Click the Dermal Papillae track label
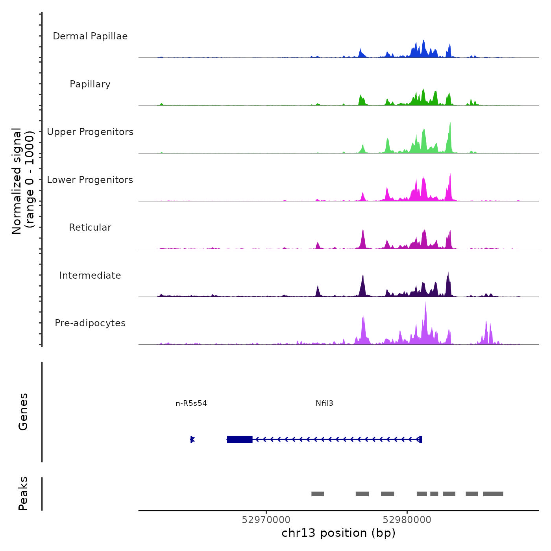point(90,36)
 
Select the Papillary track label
point(90,84)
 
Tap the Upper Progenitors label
point(90,132)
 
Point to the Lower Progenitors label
point(90,180)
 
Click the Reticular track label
point(90,227)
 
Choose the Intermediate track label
point(90,275)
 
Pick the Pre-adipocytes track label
point(90,323)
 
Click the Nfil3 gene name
point(324,403)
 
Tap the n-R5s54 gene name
point(191,403)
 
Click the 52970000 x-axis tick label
point(266,520)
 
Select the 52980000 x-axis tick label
point(407,520)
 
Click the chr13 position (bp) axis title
point(338,533)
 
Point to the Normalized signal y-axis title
point(23,181)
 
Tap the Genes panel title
point(23,412)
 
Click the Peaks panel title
point(23,494)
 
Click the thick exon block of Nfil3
point(240,439)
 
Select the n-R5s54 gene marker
point(192,439)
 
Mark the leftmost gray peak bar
point(318,494)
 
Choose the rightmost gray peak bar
point(493,494)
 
